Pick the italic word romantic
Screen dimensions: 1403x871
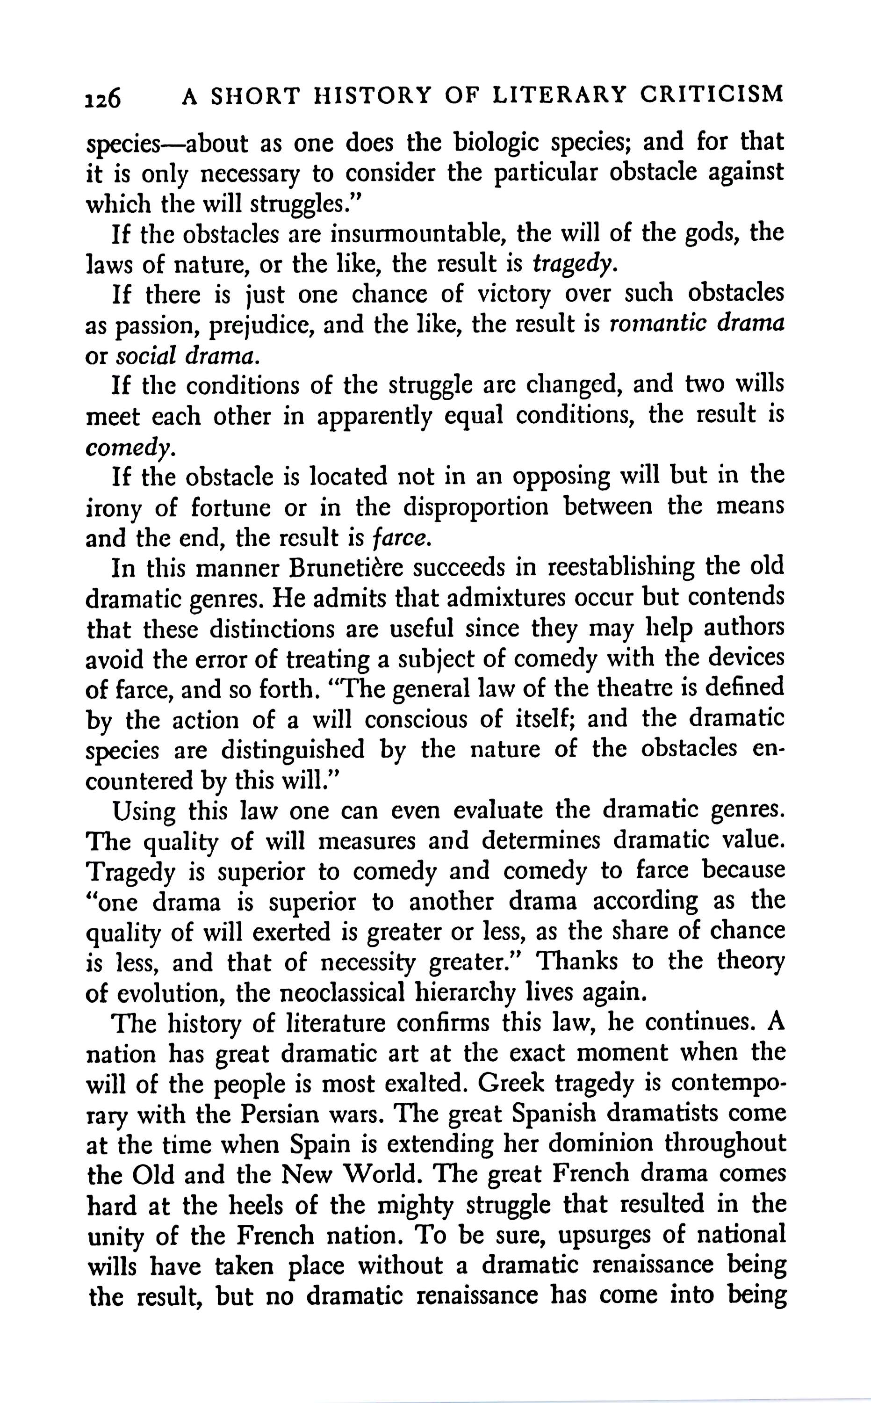[x=655, y=325]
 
